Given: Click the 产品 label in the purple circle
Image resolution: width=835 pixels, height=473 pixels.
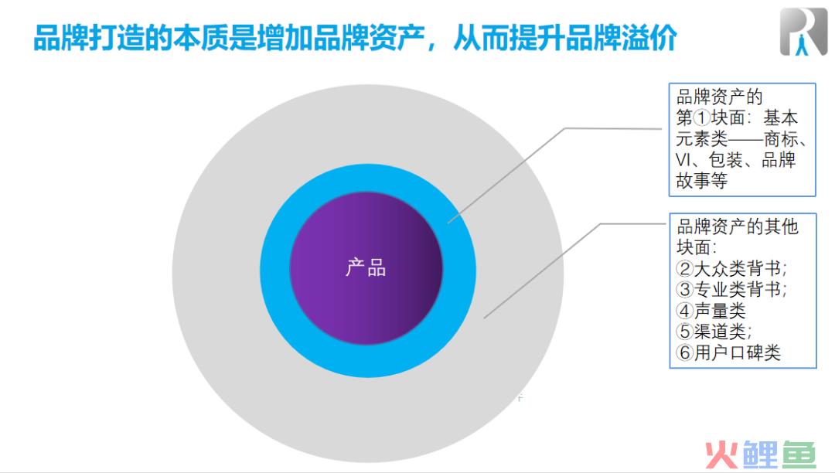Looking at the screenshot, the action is pos(366,267).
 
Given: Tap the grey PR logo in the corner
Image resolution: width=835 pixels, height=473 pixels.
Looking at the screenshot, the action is pos(803,32).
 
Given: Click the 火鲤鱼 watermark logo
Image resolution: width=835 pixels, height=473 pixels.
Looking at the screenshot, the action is pos(761,455).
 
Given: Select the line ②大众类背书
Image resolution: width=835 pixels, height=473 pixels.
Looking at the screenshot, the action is pos(731,268).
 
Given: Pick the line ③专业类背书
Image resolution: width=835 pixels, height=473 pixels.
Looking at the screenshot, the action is pos(731,289).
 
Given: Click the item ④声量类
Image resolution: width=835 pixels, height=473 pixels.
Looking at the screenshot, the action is pos(711,310).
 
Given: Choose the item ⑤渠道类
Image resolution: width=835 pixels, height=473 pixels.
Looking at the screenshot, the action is pos(714,332).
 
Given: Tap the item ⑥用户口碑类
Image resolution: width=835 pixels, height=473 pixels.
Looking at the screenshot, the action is pos(728,352).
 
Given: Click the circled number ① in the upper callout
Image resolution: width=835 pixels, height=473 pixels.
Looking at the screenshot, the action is pos(702,117).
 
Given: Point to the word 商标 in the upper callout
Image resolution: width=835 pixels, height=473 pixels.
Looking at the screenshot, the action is pos(781,139).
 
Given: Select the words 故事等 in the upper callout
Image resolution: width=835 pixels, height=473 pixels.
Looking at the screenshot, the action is pos(702,181).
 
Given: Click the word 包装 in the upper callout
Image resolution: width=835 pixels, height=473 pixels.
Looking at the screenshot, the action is pos(726,160).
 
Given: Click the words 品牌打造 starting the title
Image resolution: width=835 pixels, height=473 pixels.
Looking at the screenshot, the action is pos(89,38).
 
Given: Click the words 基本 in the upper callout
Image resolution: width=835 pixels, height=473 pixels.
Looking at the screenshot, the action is pos(781,117).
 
